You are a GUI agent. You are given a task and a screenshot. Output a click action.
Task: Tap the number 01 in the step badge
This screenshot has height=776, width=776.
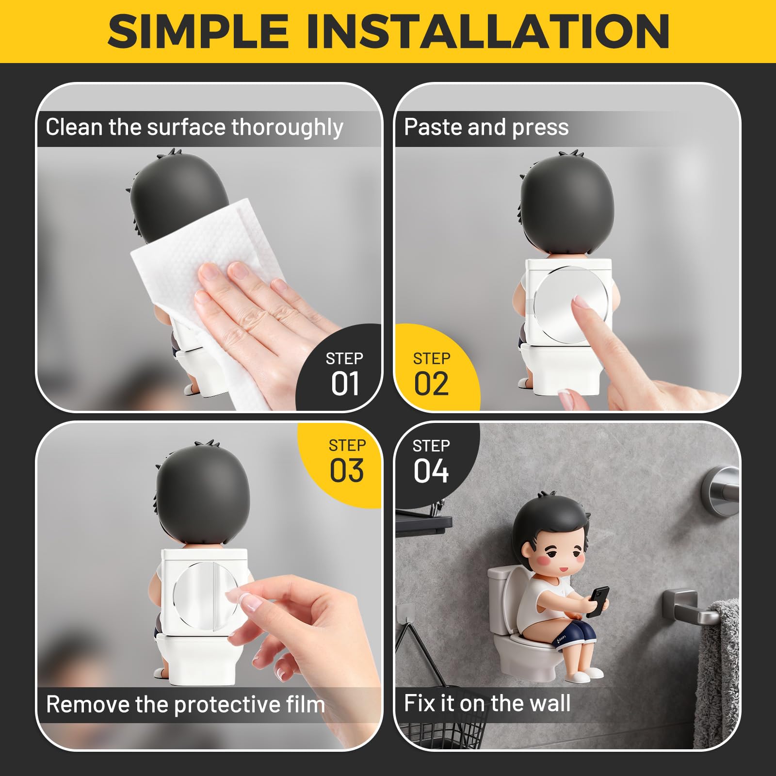coord(345,384)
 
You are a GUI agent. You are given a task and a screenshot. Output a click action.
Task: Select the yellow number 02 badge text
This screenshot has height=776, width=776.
coord(431,384)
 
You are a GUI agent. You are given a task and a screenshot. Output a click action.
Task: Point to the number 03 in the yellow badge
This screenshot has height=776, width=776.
coord(346,470)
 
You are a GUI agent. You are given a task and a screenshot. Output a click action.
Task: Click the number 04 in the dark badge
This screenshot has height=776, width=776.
coord(431,470)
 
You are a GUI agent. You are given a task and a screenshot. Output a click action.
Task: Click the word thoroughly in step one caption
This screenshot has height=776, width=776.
coord(287,128)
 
